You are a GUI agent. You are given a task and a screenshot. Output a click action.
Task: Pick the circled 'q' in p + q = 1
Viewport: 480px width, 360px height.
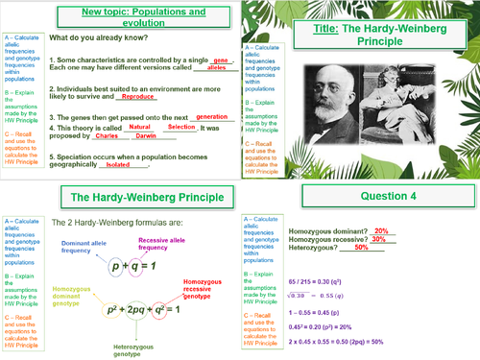point(156,269)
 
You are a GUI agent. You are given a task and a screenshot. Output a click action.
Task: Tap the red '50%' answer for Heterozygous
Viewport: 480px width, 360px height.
point(361,248)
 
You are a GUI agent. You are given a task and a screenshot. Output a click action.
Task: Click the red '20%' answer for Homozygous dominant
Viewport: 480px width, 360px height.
point(380,231)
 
